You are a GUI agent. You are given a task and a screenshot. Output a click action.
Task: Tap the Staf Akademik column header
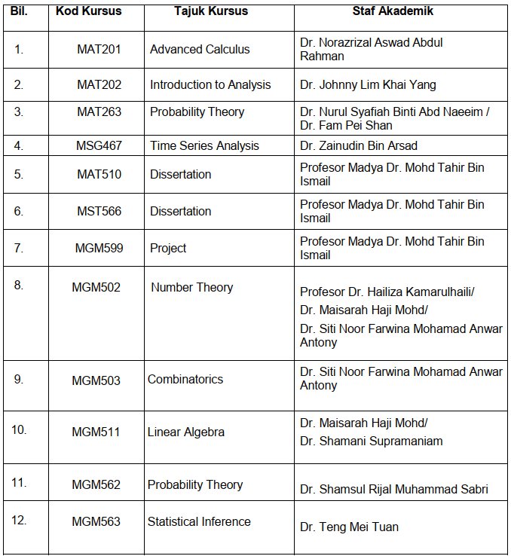(x=393, y=11)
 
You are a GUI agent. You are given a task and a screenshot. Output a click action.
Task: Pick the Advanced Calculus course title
(x=200, y=50)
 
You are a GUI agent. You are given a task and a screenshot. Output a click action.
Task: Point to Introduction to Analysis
(x=210, y=84)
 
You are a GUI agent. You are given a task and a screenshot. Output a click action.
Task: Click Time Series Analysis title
(x=204, y=145)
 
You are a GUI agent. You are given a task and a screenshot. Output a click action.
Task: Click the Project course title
(x=168, y=248)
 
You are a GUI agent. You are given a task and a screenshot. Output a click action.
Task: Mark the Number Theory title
(x=191, y=287)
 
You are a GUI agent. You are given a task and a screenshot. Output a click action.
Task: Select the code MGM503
(x=96, y=380)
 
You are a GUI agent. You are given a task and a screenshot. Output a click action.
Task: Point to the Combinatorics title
(x=185, y=379)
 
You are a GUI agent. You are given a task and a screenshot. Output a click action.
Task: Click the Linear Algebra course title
(x=185, y=432)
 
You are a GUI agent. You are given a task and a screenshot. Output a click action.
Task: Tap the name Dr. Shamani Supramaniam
(x=371, y=441)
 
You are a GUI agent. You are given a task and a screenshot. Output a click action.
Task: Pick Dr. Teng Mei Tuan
(x=349, y=527)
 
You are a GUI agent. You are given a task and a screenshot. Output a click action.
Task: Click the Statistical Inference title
(x=199, y=521)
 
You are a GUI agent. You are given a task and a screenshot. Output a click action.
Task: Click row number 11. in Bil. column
(x=19, y=483)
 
